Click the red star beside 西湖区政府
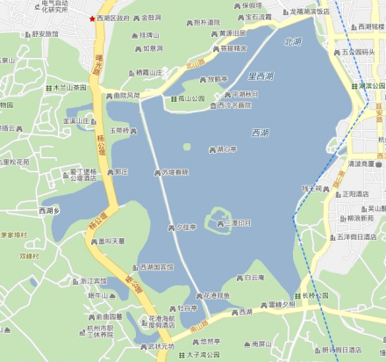91,18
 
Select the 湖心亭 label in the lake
225,149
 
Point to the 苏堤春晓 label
174,171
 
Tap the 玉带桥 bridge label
118,130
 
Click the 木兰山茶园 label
71,88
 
